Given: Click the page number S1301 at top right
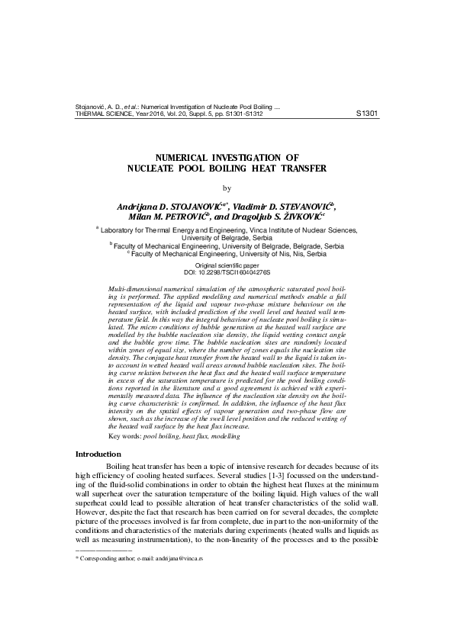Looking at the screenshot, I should pos(367,113).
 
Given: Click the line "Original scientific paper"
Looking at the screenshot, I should pos(227,265).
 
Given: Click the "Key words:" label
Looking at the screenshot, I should pos(126,435).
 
